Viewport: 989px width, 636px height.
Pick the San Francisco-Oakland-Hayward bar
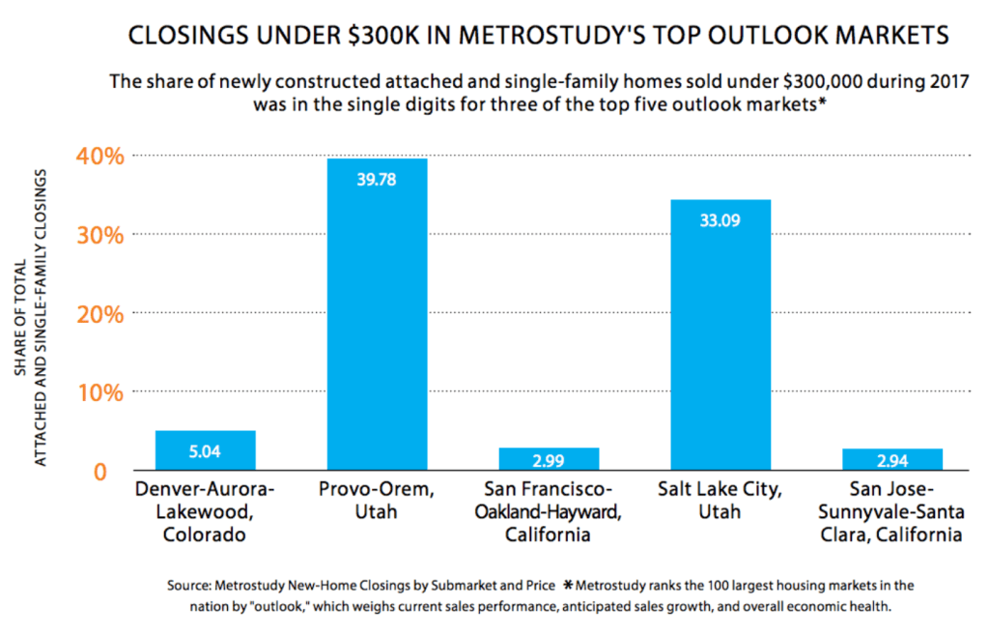(549, 459)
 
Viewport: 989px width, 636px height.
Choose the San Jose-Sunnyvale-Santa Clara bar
(892, 460)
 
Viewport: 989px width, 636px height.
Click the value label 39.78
(377, 180)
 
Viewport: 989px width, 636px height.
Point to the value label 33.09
(721, 219)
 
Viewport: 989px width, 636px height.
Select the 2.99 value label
(549, 459)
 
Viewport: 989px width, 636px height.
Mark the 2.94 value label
(892, 459)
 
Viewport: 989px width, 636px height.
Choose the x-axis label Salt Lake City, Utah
(721, 499)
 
